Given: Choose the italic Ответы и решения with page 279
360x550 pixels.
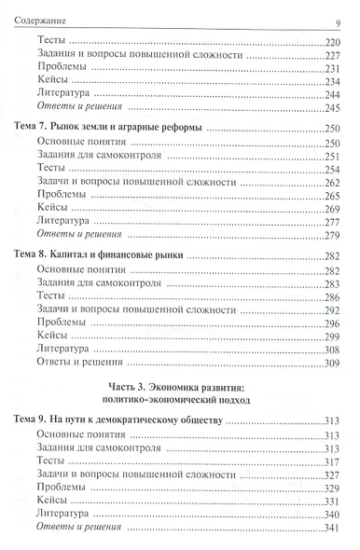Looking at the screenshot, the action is [x=81, y=235].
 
